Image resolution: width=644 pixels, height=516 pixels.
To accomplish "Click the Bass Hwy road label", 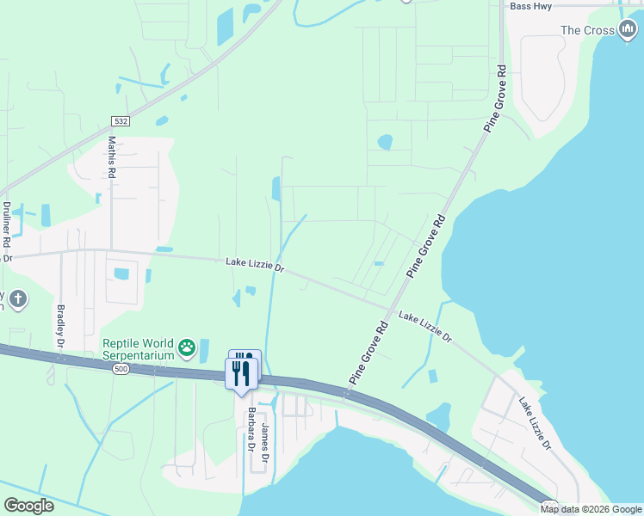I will point(533,6).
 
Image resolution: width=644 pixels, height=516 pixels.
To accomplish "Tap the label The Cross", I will point(587,30).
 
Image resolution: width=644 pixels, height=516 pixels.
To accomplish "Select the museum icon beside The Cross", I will point(628,30).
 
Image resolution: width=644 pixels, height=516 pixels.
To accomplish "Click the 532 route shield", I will point(121,121).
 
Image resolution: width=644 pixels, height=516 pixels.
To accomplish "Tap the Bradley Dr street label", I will point(61,325).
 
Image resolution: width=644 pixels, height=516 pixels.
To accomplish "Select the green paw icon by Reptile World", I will point(188,348).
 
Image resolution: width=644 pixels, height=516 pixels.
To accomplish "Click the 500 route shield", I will point(121,368).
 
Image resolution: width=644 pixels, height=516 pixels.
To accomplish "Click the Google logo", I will point(28,505).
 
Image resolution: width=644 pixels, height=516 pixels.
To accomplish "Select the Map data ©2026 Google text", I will point(591,509).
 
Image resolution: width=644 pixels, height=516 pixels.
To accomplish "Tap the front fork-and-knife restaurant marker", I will point(240,373).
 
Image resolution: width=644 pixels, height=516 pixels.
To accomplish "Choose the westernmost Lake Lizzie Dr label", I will point(255,265).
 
